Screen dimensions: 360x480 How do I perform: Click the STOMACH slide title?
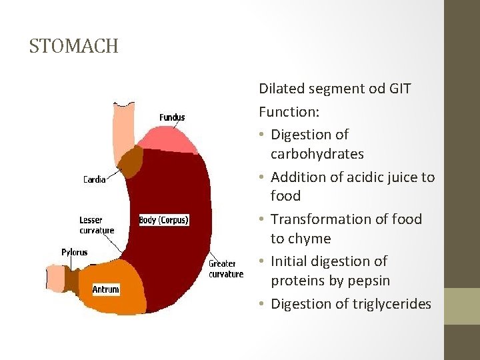tap(73, 46)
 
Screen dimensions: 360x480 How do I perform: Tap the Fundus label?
tap(172, 117)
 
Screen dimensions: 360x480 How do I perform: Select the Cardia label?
tap(94, 179)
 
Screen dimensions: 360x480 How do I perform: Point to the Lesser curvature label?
tap(97, 225)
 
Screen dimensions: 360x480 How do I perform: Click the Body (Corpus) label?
tap(163, 219)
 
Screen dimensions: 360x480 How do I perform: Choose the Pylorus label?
tap(74, 252)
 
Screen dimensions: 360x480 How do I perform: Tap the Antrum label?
tap(105, 289)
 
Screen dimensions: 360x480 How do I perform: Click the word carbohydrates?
tap(317, 154)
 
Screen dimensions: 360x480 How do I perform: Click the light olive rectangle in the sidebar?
tap(461, 306)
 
